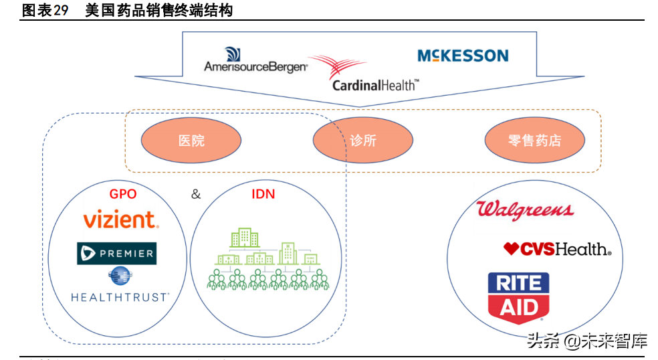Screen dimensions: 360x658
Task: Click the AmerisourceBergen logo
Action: coord(255,62)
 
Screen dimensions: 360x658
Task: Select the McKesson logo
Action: coord(463,56)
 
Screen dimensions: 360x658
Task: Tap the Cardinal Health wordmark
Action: coord(375,85)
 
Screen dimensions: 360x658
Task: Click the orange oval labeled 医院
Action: coord(191,141)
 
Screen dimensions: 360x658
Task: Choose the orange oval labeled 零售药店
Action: coord(534,141)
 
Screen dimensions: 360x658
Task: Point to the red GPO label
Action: coord(122,194)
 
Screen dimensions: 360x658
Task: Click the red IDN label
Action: coord(263,194)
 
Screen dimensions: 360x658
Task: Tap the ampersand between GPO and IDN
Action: coord(195,194)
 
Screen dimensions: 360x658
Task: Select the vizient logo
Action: coord(120,219)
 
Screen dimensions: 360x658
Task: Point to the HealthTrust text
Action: coord(120,296)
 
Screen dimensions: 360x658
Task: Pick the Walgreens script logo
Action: coord(525,210)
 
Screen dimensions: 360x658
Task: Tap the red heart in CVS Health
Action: coord(512,249)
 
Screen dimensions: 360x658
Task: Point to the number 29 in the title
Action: coord(62,10)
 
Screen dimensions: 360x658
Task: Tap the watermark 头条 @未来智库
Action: coord(587,341)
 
